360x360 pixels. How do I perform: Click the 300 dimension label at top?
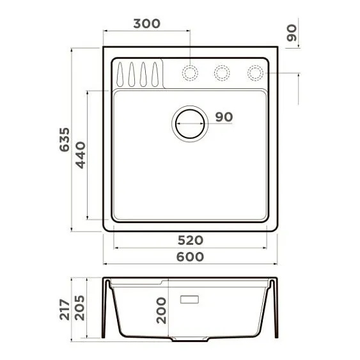147,24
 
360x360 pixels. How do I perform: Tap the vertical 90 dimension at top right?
292,33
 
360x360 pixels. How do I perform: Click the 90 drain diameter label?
224,117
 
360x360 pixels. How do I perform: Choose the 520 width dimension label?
190,240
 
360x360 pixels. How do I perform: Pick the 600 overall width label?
190,257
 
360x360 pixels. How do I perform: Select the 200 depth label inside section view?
162,311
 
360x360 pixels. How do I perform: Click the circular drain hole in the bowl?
189,121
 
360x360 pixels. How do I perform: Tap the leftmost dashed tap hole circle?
190,72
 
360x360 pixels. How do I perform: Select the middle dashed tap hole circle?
222,72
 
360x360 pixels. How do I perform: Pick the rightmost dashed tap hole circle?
254,72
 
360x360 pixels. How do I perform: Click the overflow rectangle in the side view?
191,299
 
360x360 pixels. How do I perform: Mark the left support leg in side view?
106,310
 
